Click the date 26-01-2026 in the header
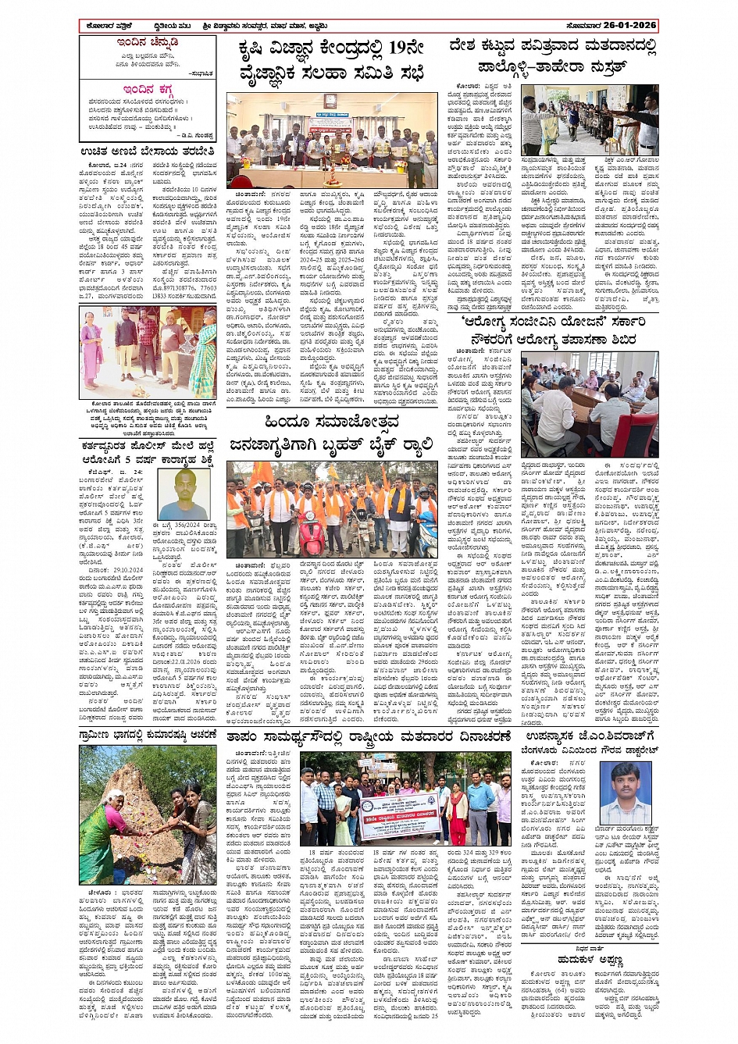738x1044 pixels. click(x=625, y=26)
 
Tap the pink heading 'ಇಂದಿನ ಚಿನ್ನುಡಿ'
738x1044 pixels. click(x=148, y=42)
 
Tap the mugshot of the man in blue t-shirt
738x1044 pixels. click(x=185, y=494)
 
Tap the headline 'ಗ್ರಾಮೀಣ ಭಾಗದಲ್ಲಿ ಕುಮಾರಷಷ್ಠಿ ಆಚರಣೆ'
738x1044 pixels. click(x=148, y=736)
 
